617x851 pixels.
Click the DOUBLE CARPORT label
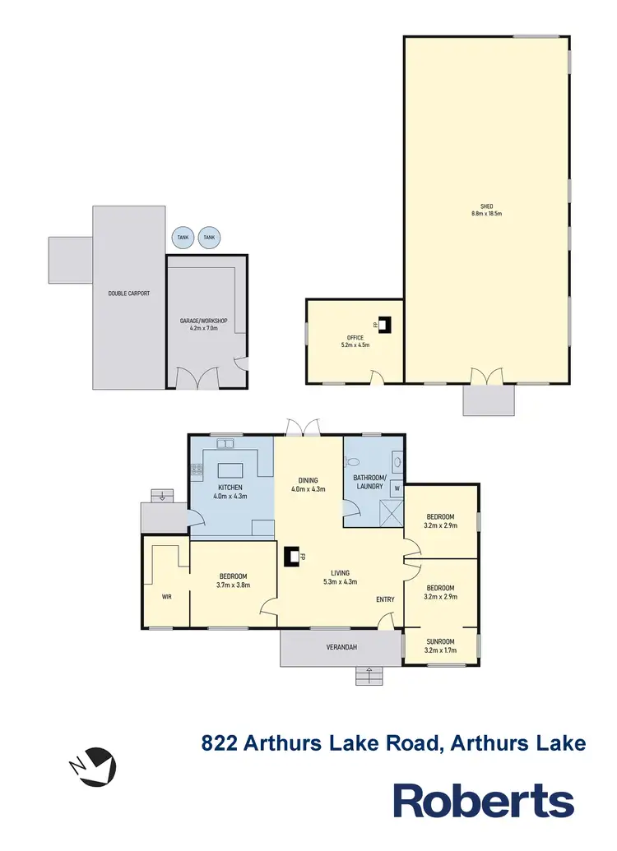click(129, 294)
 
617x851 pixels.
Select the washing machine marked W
click(397, 488)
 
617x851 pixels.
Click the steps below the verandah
click(369, 676)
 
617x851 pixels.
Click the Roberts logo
click(483, 800)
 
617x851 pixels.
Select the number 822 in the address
click(220, 744)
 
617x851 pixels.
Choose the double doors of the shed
click(485, 377)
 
